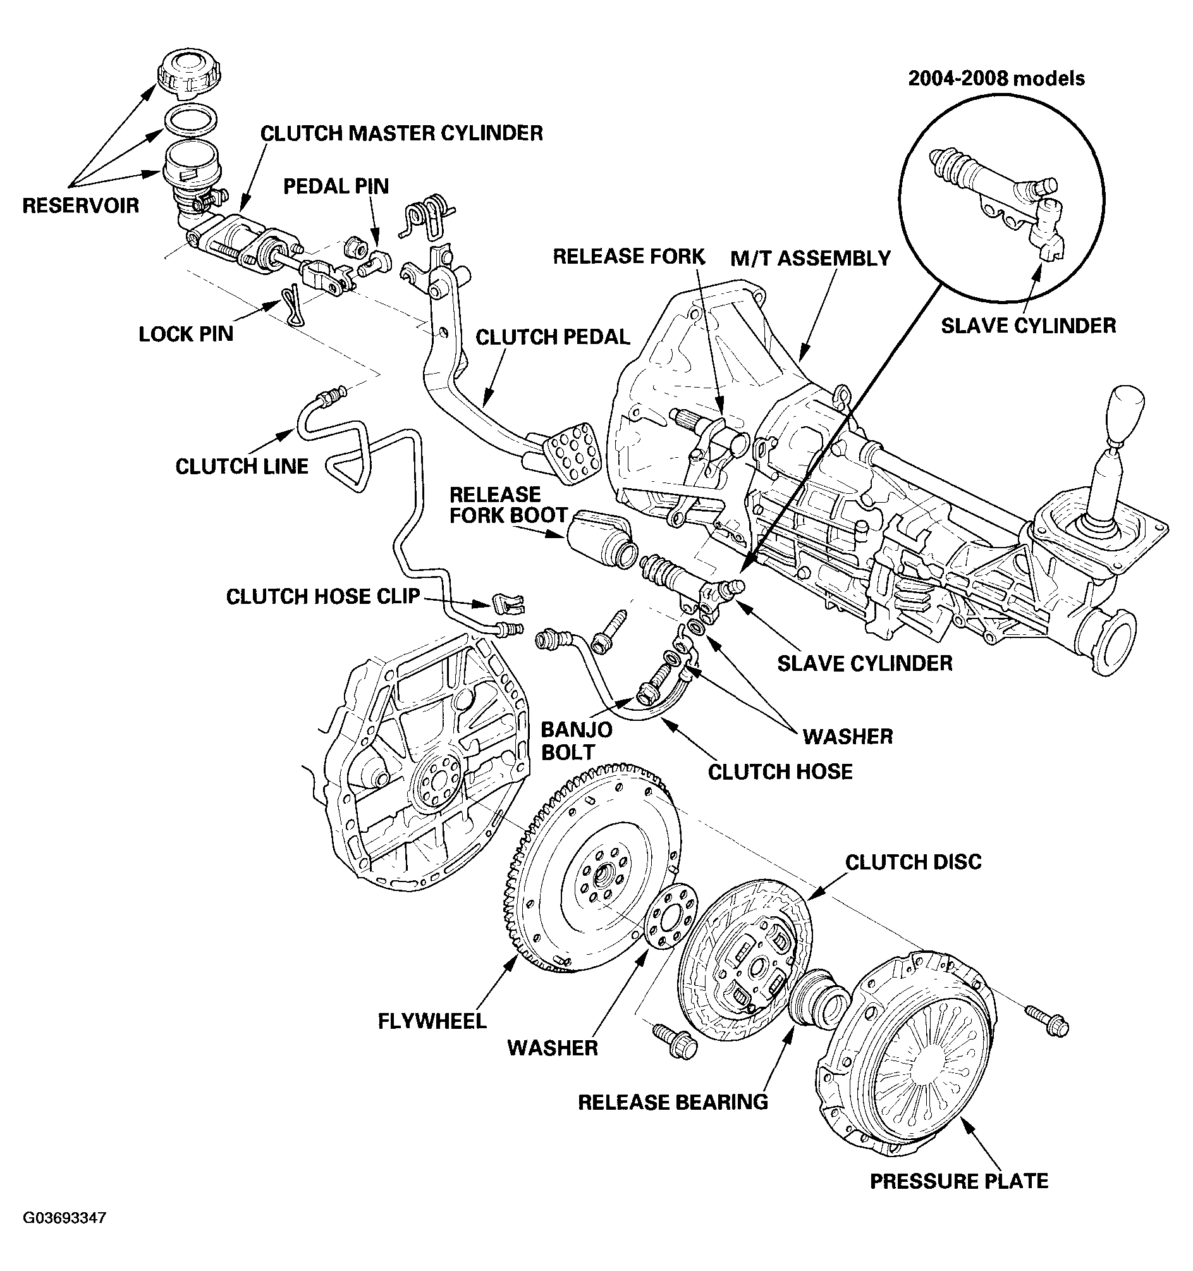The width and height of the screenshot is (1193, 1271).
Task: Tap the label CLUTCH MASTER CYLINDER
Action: point(401,133)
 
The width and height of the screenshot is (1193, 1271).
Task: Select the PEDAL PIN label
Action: point(336,187)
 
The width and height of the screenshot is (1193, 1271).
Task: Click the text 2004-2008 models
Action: point(996,78)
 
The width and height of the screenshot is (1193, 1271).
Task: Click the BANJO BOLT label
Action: point(567,740)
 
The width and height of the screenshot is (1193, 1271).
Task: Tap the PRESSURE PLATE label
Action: point(959,1181)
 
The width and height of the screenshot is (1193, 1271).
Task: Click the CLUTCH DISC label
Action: point(913,862)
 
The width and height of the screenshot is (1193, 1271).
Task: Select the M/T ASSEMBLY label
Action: point(810,259)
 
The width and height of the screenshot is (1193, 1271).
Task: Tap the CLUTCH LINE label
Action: point(242,467)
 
